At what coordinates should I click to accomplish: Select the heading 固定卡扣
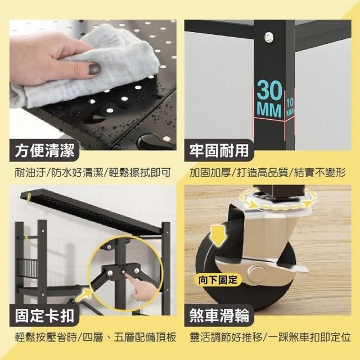[45, 316]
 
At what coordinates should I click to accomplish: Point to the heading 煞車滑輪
[219, 316]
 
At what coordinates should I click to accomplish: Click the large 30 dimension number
[269, 90]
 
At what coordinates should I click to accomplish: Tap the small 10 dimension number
[290, 103]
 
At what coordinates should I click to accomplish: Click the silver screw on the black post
[269, 37]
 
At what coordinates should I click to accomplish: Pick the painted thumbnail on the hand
[94, 69]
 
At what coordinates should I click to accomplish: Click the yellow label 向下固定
[218, 280]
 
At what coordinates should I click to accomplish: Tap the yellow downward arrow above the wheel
[219, 235]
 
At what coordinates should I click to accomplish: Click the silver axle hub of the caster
[256, 273]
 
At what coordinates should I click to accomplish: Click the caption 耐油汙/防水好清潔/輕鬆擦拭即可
[93, 173]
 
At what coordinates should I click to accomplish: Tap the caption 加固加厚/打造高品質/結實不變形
[268, 173]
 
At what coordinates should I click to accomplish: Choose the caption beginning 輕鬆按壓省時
[96, 337]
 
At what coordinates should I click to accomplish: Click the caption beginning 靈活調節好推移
[270, 337]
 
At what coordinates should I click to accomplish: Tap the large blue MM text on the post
[269, 110]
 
